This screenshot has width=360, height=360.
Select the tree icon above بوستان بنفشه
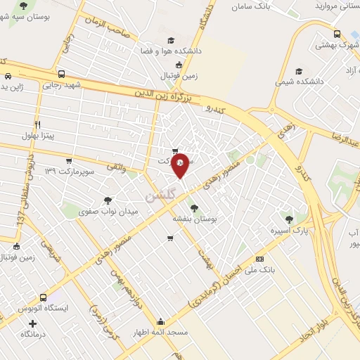tap(194, 207)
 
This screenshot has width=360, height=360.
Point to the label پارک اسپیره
tap(289, 230)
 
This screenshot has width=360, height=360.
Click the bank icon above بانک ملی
tap(259, 259)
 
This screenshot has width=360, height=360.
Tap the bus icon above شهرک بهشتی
tap(337, 33)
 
